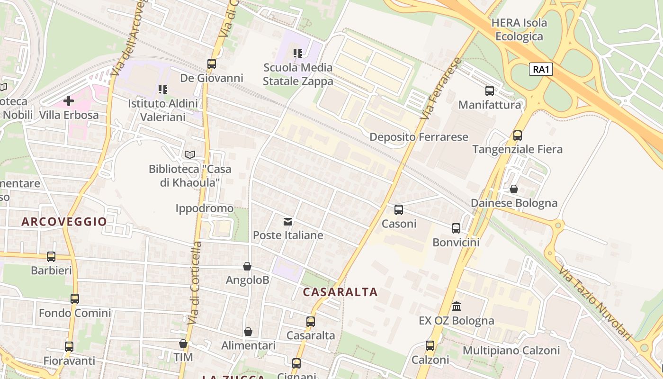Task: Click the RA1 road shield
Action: tap(541, 70)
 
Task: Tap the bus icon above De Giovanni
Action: tap(212, 63)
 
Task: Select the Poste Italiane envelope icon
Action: tap(287, 221)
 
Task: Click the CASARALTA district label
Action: tap(340, 292)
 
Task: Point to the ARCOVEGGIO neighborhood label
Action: tap(64, 221)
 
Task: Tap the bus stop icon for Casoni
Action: tap(399, 209)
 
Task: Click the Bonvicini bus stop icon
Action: tap(456, 228)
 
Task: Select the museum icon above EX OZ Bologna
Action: tap(457, 306)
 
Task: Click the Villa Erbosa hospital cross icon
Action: tap(69, 100)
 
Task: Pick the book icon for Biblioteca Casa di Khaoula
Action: tap(189, 154)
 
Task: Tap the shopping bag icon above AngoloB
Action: tap(247, 266)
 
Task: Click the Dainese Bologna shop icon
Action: tap(514, 189)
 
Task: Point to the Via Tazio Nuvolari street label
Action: tap(595, 303)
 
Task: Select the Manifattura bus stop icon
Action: tap(490, 90)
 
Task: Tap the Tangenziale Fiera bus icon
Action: tap(517, 135)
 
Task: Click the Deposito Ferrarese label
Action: tap(419, 137)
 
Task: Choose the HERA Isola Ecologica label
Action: tap(519, 29)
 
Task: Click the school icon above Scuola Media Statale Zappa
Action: tap(297, 54)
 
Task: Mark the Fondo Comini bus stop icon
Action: tap(75, 299)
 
